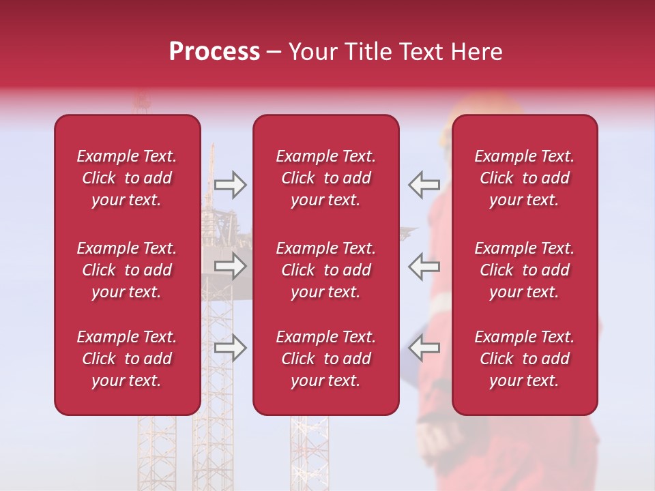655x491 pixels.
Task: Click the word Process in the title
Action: (x=214, y=52)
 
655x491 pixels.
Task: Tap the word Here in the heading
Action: (x=477, y=52)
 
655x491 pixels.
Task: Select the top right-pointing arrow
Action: (x=230, y=184)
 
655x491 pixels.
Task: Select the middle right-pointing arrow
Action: (x=230, y=267)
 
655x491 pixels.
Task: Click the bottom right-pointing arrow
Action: (x=230, y=348)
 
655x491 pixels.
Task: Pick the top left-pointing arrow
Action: (x=424, y=184)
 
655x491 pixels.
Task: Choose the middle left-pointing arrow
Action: (x=424, y=267)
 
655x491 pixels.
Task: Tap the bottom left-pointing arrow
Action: (x=424, y=348)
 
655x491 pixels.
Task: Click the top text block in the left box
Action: (x=127, y=178)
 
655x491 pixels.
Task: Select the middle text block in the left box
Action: (x=127, y=270)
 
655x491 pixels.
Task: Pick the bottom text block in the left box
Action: (x=127, y=359)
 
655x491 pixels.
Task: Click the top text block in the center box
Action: (x=325, y=178)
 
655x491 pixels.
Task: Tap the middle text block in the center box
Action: (x=325, y=270)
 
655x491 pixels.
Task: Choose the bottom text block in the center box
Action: (x=325, y=359)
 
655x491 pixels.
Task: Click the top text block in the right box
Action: (x=524, y=178)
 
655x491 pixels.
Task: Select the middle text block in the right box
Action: (x=524, y=270)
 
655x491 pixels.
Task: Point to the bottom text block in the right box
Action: (x=524, y=359)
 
